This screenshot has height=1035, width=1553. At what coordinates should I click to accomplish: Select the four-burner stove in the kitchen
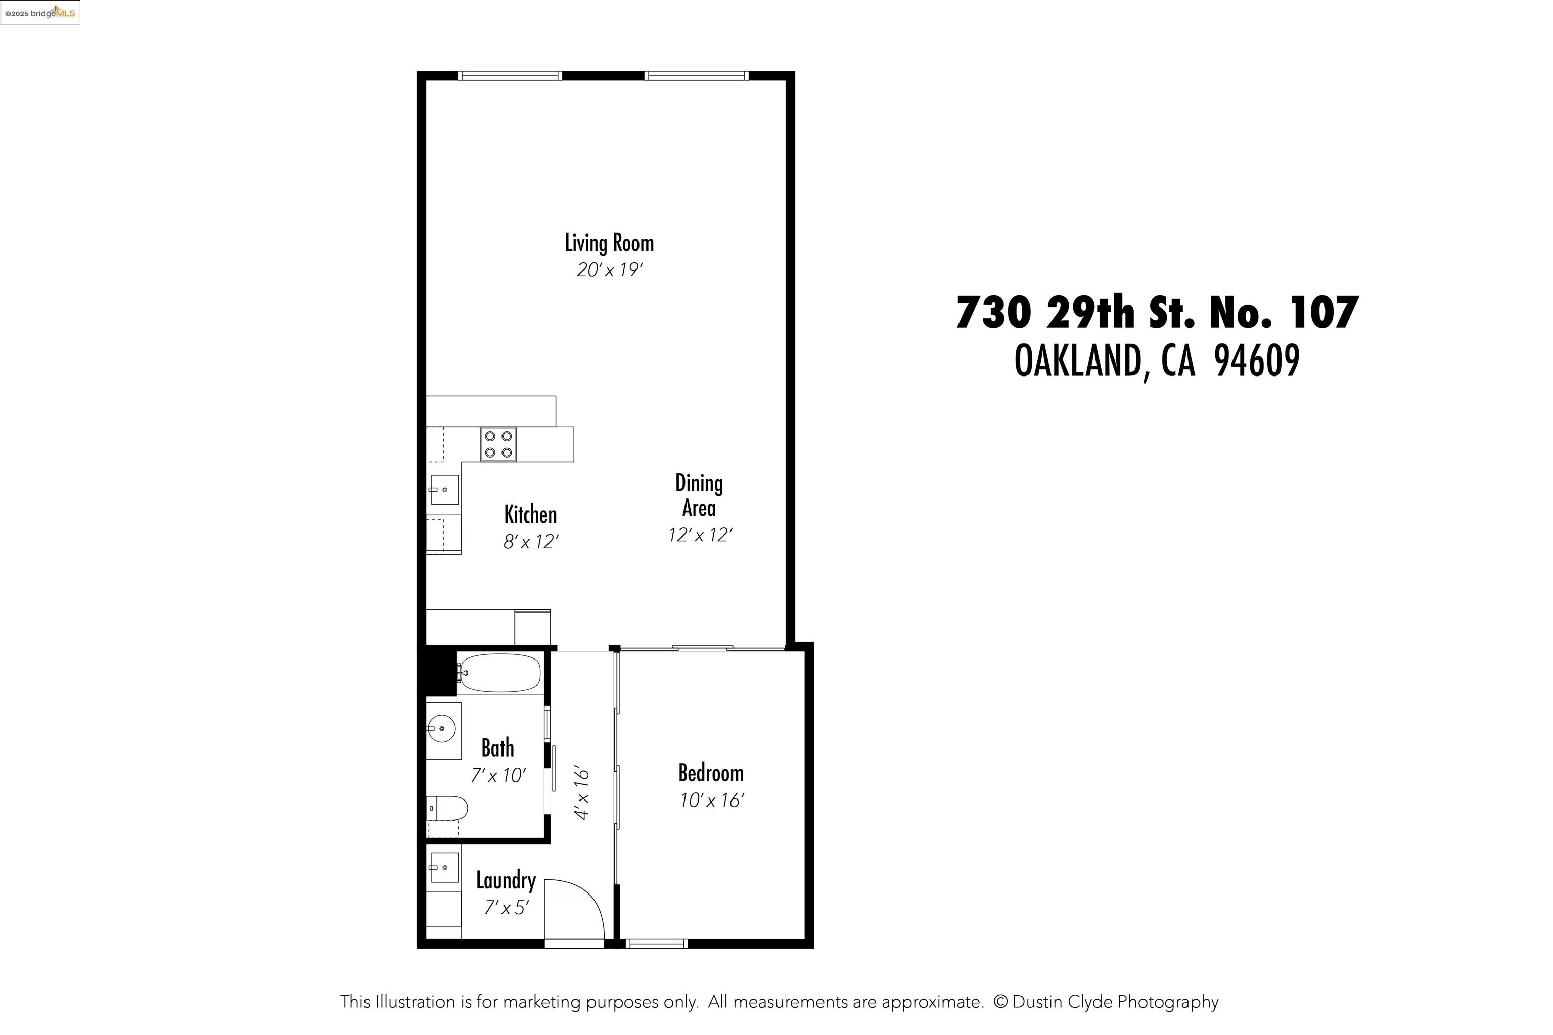pos(498,444)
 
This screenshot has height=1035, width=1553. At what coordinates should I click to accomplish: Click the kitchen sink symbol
pos(444,490)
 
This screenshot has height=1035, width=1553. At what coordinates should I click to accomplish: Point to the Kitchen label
pos(530,515)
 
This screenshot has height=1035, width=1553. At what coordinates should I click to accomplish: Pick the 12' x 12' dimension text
pos(700,535)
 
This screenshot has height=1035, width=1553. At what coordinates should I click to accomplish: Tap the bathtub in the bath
pos(500,673)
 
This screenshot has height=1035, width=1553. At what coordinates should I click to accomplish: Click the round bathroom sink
pos(441,729)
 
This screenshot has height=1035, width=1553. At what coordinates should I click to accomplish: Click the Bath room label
pos(497,748)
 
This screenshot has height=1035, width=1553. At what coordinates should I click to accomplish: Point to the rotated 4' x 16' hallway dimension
pos(582,793)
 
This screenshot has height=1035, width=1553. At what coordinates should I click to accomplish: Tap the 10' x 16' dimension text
pos(712,801)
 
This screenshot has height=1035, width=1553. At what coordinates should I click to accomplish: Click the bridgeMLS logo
pos(39,13)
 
